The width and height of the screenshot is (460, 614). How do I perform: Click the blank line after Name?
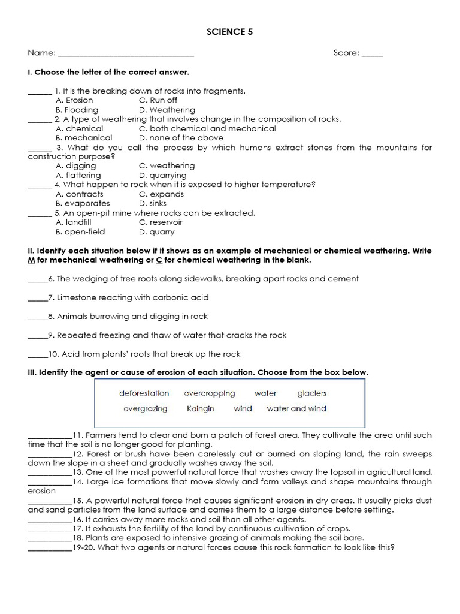coord(126,55)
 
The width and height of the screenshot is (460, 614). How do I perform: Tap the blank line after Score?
coord(372,55)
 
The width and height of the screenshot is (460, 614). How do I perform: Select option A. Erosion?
coord(74,100)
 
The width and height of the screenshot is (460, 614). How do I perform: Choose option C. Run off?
coord(158,100)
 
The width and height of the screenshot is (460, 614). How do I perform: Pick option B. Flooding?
coord(77,110)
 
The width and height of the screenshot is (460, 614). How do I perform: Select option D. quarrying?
coord(162,175)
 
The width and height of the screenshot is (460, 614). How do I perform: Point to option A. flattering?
coord(78,175)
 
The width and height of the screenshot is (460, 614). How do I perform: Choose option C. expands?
coord(161,194)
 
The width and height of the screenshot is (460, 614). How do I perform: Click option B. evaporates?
coord(83,203)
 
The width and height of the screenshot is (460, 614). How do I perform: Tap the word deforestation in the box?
coord(144,393)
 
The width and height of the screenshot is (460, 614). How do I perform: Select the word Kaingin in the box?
coord(201,408)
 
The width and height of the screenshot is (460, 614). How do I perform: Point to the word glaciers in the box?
coord(312,393)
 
